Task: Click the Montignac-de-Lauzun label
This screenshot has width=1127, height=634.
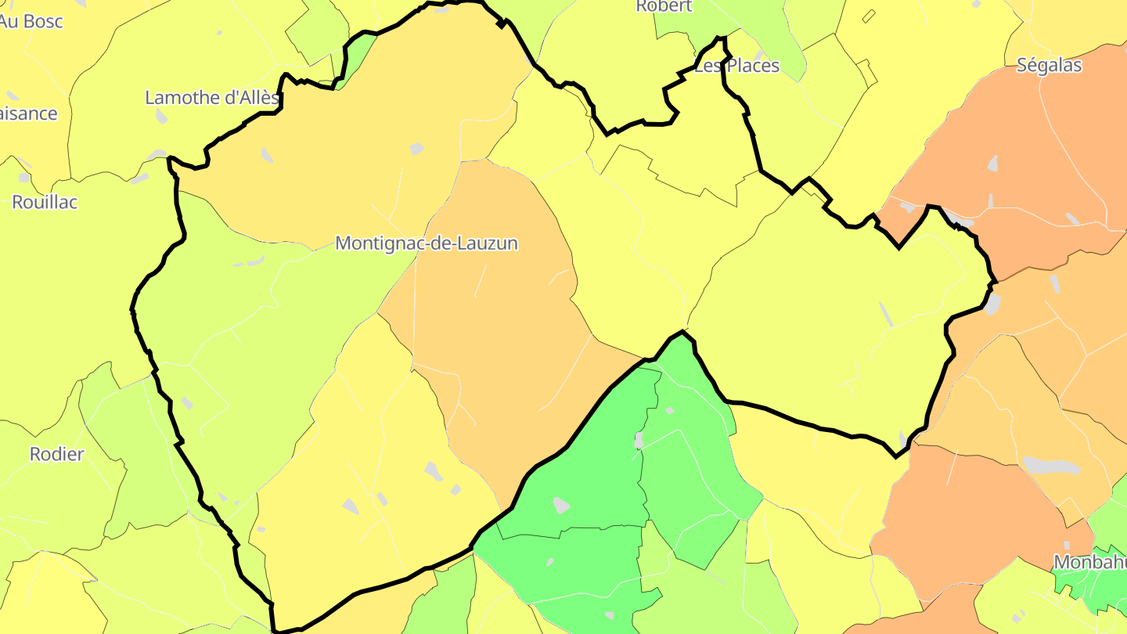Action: [426, 243]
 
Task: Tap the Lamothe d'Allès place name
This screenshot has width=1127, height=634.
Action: [211, 98]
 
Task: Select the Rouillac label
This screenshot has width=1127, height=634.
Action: [45, 202]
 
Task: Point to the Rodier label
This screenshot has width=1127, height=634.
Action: [56, 454]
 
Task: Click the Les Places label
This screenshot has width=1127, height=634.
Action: [737, 66]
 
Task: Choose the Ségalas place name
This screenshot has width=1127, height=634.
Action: [1049, 65]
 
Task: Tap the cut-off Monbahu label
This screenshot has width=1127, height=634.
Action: [1089, 562]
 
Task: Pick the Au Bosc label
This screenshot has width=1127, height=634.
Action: [31, 21]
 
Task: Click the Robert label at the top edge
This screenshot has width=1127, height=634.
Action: [664, 6]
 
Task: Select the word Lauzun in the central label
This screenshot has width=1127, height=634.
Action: [487, 243]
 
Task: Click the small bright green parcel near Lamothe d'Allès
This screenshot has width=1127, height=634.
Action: [356, 59]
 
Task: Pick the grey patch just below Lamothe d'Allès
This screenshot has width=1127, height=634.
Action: [161, 117]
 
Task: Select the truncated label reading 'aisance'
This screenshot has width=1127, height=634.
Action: [28, 113]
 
